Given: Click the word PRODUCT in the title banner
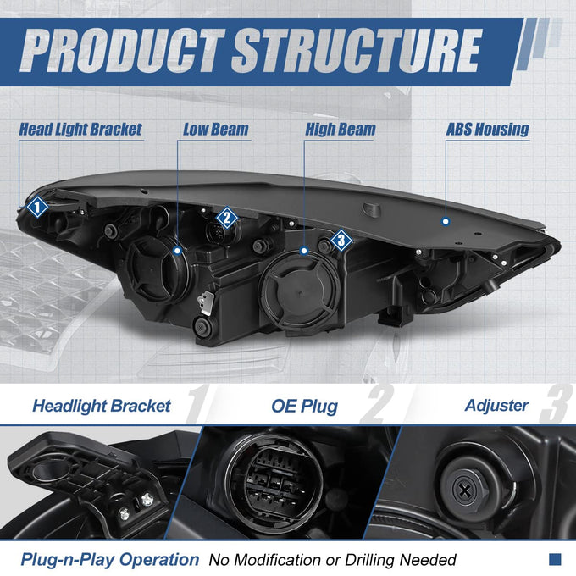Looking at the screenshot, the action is point(122,51).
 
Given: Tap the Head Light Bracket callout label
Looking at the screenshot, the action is point(80,130).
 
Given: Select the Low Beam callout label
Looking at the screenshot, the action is point(216,130).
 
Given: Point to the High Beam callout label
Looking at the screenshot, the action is point(341,130).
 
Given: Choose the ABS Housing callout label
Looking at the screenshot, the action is point(487,130).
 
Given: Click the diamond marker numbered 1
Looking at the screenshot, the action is point(37,207).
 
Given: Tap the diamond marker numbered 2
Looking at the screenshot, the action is point(227,218).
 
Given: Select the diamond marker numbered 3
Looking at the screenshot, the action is point(341,241).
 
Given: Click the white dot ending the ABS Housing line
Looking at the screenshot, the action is point(446,222).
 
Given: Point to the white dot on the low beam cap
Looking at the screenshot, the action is point(178,251).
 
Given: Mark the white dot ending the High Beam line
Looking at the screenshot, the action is point(304,251).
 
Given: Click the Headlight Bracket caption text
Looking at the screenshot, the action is point(102,406).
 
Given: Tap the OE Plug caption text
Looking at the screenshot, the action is point(305,407).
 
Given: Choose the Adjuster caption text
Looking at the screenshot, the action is point(496,406).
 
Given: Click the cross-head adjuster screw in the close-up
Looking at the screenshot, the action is point(465,490).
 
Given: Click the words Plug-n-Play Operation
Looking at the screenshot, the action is point(110,560).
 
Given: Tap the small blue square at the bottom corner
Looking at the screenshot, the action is point(555,559).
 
